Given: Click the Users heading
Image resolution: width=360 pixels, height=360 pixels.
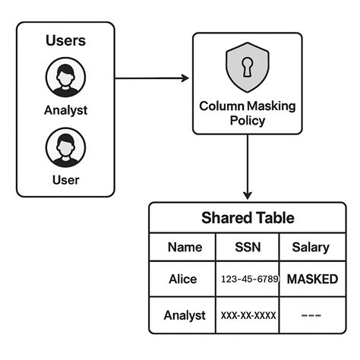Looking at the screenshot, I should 65,41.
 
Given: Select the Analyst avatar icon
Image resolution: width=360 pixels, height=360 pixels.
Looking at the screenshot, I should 65,77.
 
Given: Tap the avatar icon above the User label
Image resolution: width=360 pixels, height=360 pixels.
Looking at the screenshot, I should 65,147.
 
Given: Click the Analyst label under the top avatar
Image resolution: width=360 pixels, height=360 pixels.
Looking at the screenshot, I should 65,110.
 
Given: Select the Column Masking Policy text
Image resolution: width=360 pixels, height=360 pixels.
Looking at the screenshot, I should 248,112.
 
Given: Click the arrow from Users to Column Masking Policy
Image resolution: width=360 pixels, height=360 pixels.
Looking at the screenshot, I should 153,78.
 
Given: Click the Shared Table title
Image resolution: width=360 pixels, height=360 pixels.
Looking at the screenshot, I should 248,218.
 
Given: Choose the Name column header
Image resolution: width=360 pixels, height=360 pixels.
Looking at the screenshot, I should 185,247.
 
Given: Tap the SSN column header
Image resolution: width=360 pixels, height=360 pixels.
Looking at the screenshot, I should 248,247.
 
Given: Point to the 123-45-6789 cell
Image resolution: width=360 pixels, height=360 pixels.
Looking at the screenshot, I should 248,279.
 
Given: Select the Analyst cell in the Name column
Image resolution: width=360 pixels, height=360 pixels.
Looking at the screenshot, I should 185,315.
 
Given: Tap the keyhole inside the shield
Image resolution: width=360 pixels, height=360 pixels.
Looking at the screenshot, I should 248,66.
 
